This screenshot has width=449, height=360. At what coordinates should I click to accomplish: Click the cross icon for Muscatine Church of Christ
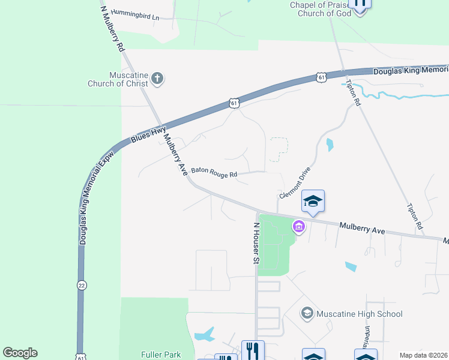tap(157, 77)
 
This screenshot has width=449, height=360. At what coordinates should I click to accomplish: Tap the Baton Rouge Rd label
tap(214, 172)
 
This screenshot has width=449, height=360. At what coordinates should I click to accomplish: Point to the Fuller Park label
tap(160, 355)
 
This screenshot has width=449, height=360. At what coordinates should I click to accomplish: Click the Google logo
tap(20, 353)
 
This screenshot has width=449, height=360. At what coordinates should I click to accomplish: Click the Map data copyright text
tap(423, 355)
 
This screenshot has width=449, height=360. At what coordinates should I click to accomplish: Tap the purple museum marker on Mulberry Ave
tap(298, 226)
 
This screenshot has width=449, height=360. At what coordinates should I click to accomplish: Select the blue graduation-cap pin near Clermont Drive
tap(313, 202)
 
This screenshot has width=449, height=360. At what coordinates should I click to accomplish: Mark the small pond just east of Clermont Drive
tap(329, 145)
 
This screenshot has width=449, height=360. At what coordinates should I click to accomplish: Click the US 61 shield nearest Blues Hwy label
tap(234, 104)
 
